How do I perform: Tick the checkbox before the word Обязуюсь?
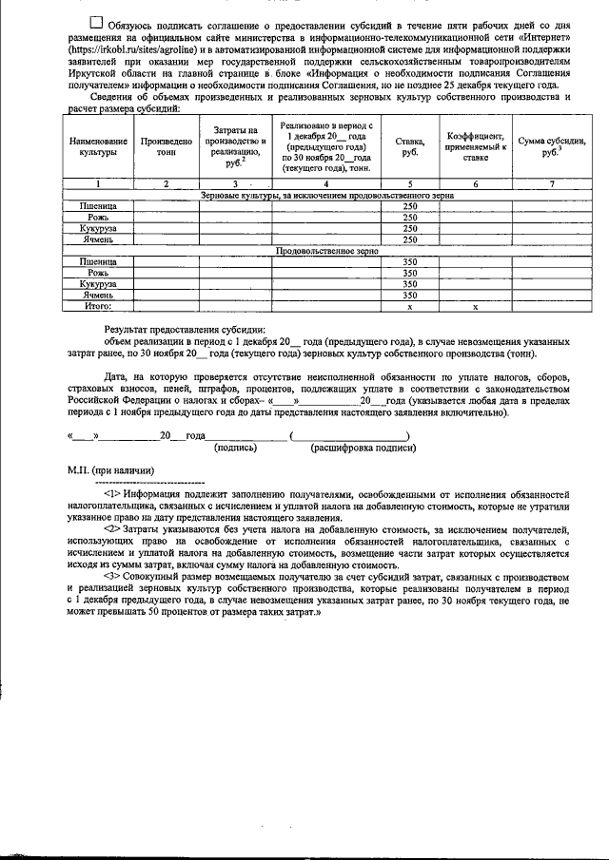[96, 21]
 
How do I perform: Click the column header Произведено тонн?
[166, 146]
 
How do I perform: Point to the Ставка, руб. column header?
[410, 146]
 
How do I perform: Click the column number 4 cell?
[326, 183]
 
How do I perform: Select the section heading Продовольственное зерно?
[326, 252]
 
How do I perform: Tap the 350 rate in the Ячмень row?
[410, 296]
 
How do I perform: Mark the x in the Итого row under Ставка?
[410, 307]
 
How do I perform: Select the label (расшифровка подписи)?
[355, 446]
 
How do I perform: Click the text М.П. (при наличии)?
[110, 470]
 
